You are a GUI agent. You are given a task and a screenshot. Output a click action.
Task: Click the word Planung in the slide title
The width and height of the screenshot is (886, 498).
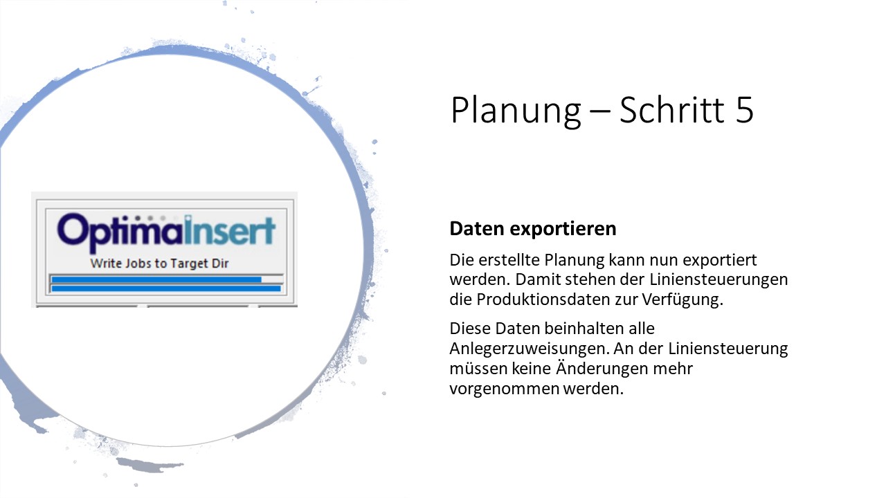point(516,111)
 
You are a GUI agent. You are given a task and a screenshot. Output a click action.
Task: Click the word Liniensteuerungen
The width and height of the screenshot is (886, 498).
point(718,280)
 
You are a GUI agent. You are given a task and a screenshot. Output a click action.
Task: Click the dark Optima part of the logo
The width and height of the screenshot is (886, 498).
point(120,232)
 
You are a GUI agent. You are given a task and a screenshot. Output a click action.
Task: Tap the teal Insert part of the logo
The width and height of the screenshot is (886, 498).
point(230,230)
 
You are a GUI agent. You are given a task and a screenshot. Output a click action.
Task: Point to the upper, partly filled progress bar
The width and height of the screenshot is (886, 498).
point(167,280)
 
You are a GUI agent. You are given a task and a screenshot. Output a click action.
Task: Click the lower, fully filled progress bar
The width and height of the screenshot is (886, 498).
point(166,289)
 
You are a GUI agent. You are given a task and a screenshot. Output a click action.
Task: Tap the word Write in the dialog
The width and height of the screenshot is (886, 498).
point(106,264)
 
